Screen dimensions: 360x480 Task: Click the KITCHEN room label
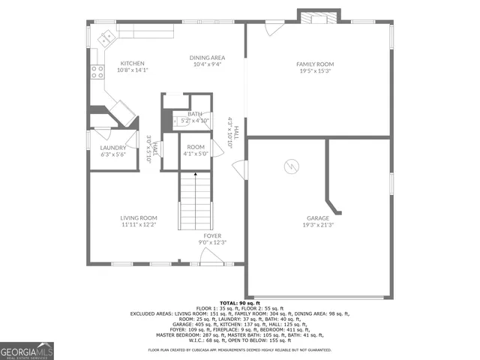[x=133, y=64]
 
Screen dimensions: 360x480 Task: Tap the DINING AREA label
[x=207, y=58]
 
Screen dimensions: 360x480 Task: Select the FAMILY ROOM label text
[x=315, y=64]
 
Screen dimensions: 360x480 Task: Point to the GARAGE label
[x=317, y=218]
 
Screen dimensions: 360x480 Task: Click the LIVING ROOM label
[x=139, y=218]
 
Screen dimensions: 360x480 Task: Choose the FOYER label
[x=212, y=235]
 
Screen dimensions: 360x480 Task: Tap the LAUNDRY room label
[x=112, y=148]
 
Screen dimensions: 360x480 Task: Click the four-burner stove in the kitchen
[x=97, y=72]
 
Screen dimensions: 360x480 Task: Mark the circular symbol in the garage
[x=290, y=165]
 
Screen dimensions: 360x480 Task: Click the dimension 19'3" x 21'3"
[x=317, y=225]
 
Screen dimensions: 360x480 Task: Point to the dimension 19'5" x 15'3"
[x=315, y=71]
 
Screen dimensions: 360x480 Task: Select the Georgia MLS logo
[x=27, y=350]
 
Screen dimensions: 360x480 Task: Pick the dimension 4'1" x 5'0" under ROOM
[x=195, y=154]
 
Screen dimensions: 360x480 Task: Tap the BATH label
[x=195, y=114]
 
